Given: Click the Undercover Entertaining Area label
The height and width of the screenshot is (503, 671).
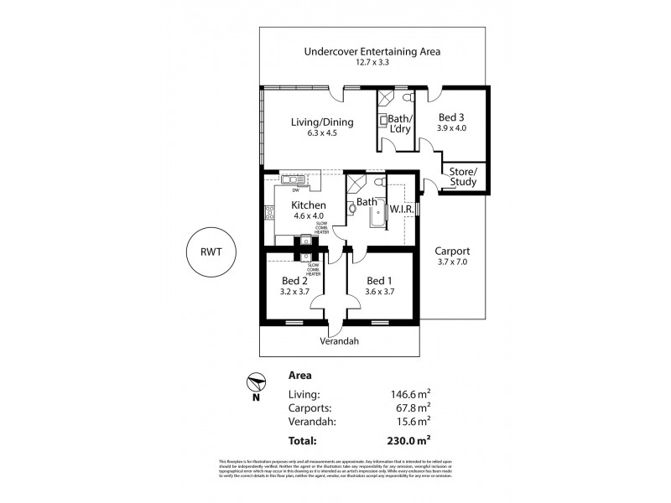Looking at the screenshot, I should (371, 51).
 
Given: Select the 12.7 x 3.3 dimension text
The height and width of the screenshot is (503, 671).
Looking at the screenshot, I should (371, 63).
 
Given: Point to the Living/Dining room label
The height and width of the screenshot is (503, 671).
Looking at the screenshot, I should (322, 122).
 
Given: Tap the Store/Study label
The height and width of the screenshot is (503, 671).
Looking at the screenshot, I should (462, 177).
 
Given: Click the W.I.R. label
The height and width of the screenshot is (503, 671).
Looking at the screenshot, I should (399, 208).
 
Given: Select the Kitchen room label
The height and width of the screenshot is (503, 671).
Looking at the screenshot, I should (308, 204).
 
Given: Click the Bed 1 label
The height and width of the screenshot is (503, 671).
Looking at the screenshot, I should (379, 280).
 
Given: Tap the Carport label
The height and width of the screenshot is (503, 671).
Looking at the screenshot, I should (452, 251).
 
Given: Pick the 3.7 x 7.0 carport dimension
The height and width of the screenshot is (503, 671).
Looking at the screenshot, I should (452, 262).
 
